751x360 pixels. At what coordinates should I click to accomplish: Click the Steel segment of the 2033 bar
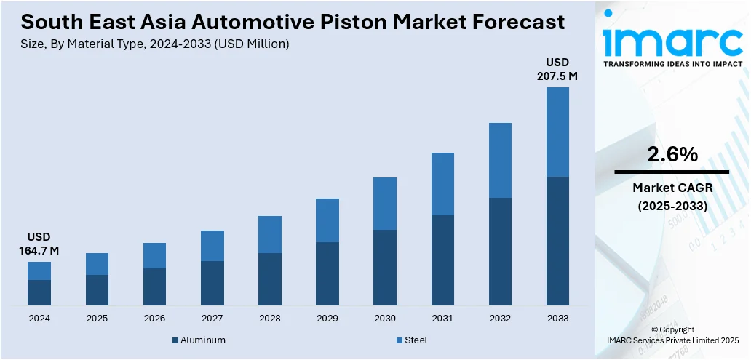[x=557, y=132]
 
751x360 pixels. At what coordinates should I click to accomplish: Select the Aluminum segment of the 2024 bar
[x=39, y=292]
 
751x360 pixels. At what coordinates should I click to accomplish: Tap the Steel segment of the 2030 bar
[x=385, y=204]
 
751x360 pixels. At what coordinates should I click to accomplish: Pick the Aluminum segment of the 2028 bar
[x=270, y=279]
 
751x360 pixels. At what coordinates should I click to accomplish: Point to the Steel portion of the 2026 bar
[x=154, y=255]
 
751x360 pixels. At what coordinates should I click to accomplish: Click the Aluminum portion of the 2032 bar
[x=500, y=251]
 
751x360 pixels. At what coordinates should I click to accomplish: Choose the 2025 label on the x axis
[x=97, y=319]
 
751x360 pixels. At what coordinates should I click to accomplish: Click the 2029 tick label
[x=327, y=319]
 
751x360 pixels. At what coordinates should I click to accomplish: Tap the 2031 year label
[x=442, y=319]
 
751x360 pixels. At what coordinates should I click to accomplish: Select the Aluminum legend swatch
[x=175, y=340]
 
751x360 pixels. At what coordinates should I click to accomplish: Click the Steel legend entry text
[x=416, y=340]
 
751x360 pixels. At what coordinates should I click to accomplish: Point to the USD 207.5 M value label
[x=557, y=68]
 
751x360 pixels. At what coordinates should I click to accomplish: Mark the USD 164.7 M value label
[x=39, y=244]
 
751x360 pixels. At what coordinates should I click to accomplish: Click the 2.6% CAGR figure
[x=672, y=154]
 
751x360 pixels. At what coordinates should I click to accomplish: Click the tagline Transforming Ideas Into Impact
[x=672, y=64]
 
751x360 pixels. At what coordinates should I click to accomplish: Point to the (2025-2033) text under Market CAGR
[x=672, y=207]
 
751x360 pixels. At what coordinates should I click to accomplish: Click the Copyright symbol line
[x=672, y=329]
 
